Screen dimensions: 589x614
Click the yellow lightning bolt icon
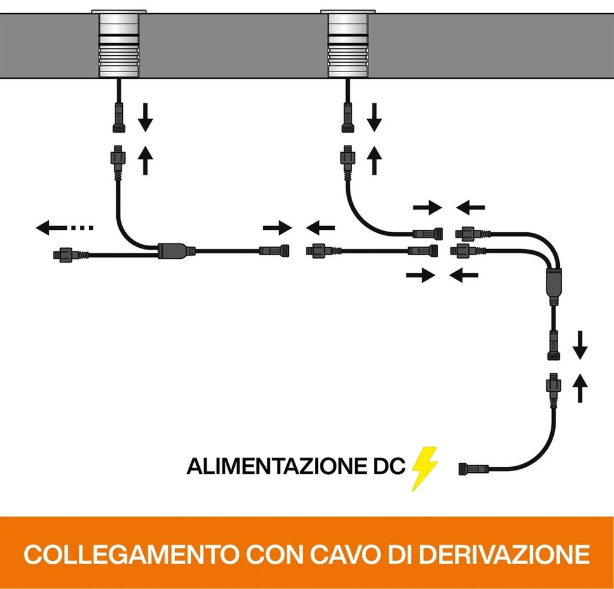(425, 469)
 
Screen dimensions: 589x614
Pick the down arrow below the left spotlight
(145, 117)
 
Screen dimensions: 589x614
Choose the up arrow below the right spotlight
(375, 160)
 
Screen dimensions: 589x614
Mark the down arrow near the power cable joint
(580, 343)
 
